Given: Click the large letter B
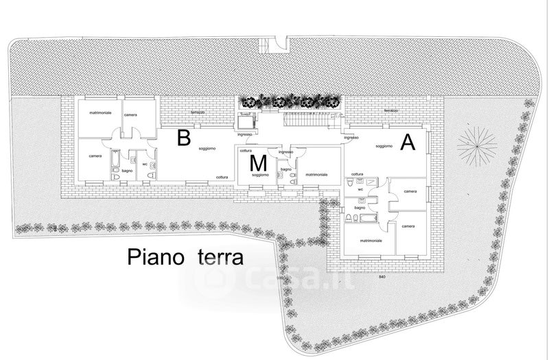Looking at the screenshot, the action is (183, 138).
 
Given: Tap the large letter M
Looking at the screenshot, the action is (258, 163).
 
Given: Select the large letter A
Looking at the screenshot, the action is (408, 143).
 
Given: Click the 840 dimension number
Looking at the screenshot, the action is (382, 276).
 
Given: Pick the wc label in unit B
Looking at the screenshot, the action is (145, 164).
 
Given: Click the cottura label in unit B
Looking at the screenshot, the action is (222, 178).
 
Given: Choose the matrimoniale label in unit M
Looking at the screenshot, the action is (316, 175).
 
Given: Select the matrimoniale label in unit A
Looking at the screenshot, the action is (370, 241).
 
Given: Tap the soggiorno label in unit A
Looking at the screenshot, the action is (384, 145).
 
